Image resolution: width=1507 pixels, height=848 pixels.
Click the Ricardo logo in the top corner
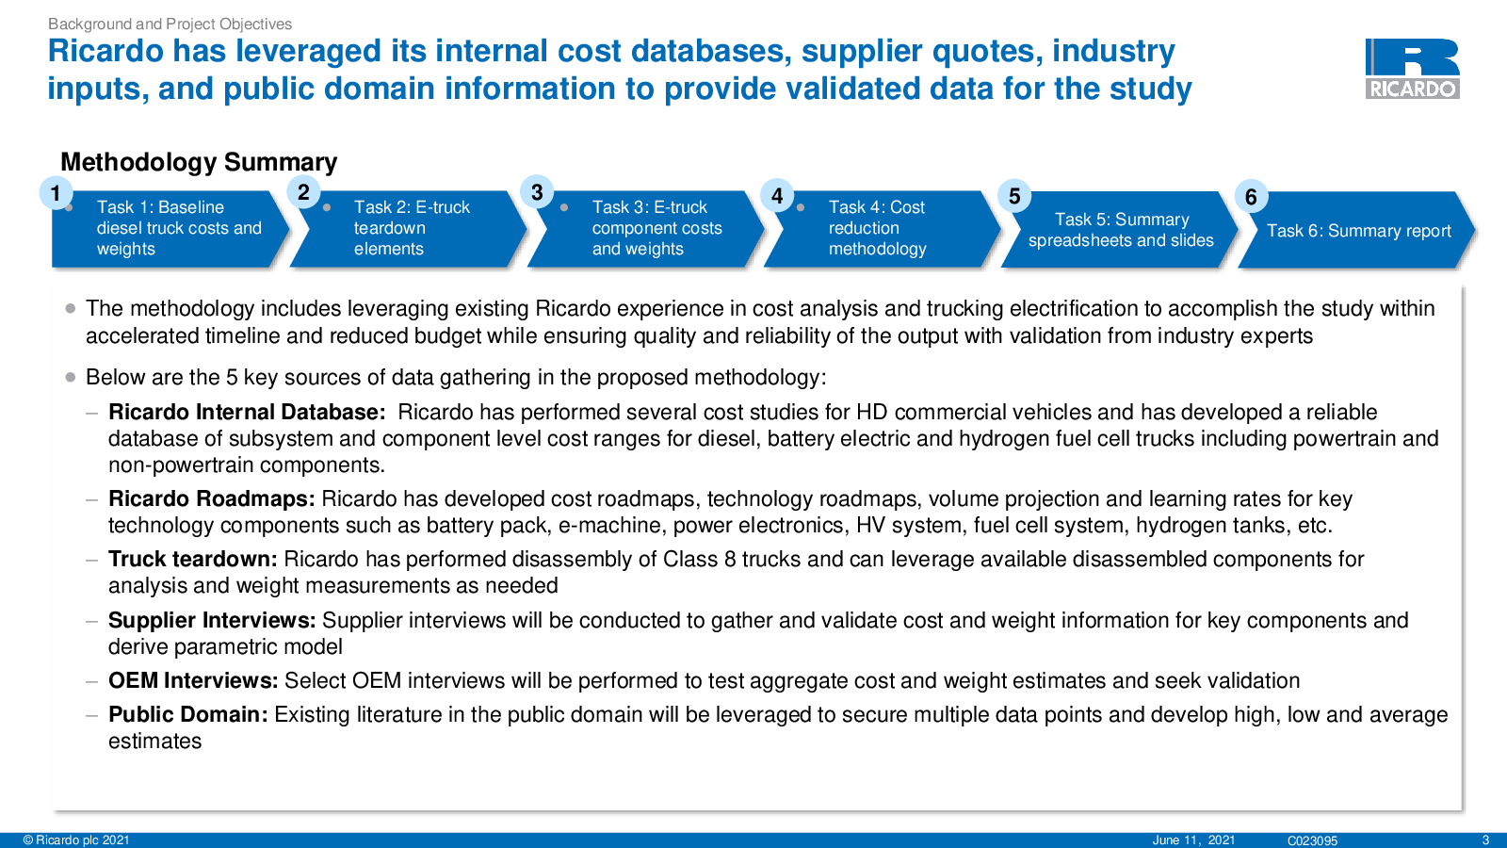(x=1412, y=69)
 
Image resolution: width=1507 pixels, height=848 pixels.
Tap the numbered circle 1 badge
(x=56, y=193)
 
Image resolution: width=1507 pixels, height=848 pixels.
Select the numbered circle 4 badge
(x=777, y=196)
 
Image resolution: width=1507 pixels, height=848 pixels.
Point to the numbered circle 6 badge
(x=1251, y=197)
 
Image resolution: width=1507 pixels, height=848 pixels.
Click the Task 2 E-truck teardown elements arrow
(x=408, y=229)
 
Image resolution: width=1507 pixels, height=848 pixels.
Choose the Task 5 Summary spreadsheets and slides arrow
(x=1119, y=230)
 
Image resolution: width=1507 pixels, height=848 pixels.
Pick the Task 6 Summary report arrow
(x=1356, y=230)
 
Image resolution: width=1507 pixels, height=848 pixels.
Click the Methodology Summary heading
(x=199, y=162)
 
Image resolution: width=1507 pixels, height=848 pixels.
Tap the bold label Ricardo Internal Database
(x=247, y=412)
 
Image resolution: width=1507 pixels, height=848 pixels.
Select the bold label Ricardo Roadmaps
(x=211, y=498)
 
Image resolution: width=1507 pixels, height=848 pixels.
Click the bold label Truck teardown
(x=192, y=560)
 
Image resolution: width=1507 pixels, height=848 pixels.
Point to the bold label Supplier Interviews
(x=212, y=620)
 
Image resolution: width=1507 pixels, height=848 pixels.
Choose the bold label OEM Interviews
(x=193, y=680)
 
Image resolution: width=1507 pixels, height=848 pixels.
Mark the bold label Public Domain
(x=187, y=714)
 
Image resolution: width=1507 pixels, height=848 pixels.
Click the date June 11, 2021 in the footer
(x=1193, y=840)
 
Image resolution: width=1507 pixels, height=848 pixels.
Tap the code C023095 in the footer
(x=1312, y=840)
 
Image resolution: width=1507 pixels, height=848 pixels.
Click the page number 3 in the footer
(x=1486, y=840)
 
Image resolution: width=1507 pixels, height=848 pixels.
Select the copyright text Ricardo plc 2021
(x=76, y=840)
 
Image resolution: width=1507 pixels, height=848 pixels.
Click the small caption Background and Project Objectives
(x=170, y=24)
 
